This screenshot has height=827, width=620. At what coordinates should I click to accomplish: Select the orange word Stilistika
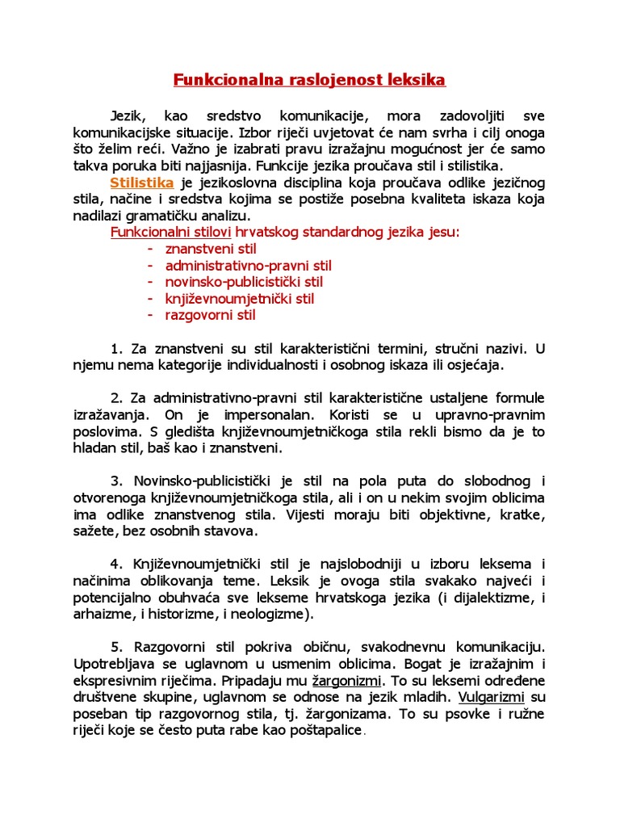(x=142, y=183)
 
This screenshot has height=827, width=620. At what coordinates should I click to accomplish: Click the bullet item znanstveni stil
(x=211, y=249)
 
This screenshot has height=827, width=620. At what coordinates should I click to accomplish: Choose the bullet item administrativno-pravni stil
(x=249, y=266)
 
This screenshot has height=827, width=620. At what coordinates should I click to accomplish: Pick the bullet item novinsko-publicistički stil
(x=244, y=282)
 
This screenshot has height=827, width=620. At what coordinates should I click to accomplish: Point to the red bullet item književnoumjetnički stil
(x=240, y=299)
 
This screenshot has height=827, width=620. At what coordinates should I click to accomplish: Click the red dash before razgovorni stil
(x=151, y=315)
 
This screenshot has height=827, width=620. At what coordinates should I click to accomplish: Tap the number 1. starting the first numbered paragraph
(x=115, y=349)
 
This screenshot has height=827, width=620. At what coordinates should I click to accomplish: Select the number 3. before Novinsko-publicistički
(x=115, y=481)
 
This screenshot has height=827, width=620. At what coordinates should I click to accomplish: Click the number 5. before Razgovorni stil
(x=115, y=648)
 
